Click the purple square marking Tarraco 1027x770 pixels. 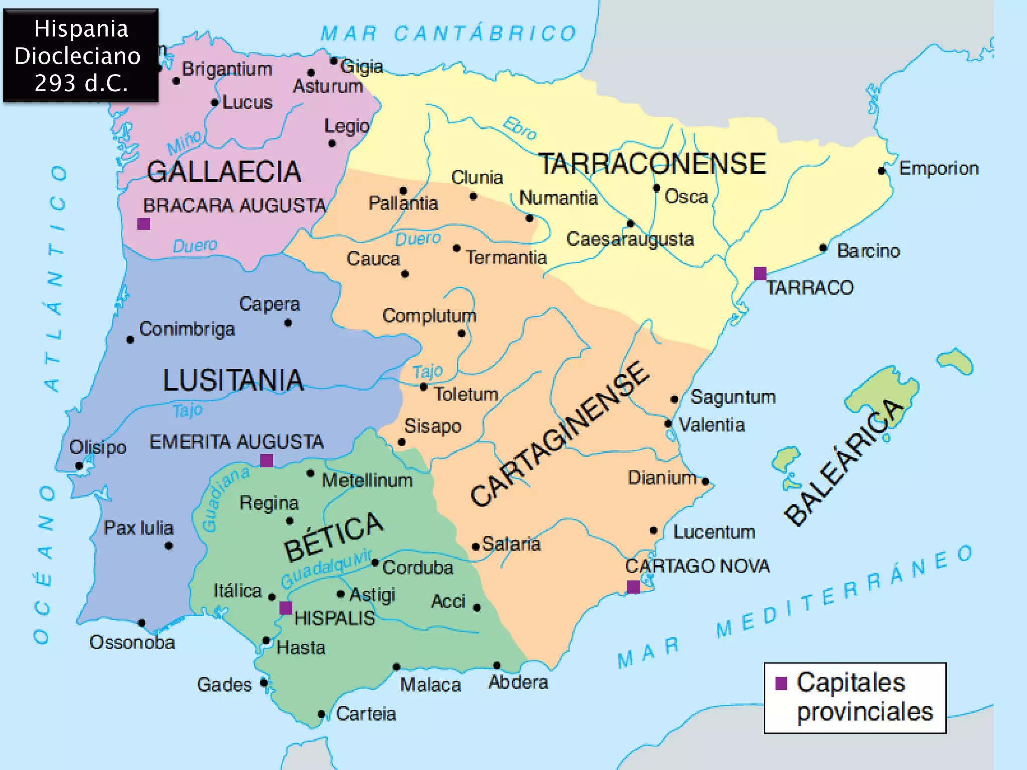pos(760,273)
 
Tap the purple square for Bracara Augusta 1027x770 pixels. pos(144,224)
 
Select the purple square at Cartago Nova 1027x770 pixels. pos(633,587)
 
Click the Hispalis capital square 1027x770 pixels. pos(286,608)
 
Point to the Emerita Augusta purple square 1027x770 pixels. pos(266,460)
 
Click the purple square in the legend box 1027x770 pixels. pos(781,683)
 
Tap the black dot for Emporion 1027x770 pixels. pos(881,171)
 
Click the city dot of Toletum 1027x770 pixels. pos(424,387)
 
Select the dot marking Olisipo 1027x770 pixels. pos(79,466)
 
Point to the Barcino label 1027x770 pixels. pos(868,251)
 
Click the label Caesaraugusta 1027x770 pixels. pos(630,239)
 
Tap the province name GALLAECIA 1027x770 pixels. pos(224,172)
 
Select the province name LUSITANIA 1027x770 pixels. pos(233,380)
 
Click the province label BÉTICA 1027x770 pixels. pos(333,537)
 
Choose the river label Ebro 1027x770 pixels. pos(520,128)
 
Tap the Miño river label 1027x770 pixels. pos(185,143)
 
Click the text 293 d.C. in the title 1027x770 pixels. pos(81,83)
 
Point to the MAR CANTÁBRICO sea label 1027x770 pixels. pos(449,34)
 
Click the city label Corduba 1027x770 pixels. pos(418,568)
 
